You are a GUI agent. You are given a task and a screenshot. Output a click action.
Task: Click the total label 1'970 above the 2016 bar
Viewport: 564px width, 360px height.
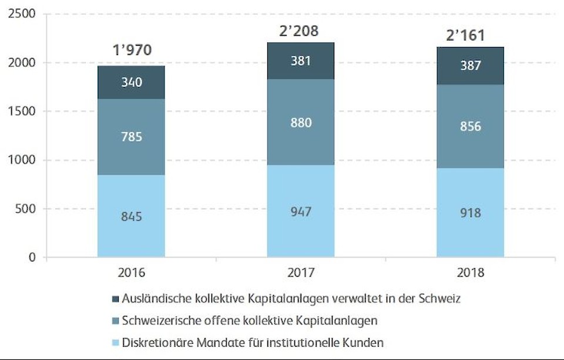132,50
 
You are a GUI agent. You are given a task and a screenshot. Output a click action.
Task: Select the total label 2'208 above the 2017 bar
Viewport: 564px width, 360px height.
299,31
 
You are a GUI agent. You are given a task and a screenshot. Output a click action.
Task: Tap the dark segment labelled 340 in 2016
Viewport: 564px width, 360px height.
132,82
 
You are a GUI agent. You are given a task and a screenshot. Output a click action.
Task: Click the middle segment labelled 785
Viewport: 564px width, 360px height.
132,137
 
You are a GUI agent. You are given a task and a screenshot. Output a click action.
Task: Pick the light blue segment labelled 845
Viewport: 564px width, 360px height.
132,216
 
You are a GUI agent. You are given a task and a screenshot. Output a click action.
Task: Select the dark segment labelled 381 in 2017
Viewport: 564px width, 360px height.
300,60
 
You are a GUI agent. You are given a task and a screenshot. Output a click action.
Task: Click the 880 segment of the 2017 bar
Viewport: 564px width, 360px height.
300,123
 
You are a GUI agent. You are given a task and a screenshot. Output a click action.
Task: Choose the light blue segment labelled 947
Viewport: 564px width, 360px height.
300,211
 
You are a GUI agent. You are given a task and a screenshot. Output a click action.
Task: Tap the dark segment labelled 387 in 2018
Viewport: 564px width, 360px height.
470,66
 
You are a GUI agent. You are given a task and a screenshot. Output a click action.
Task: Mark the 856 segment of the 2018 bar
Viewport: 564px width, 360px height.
470,126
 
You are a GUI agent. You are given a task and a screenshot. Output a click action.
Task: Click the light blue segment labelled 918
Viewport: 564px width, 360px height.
470,213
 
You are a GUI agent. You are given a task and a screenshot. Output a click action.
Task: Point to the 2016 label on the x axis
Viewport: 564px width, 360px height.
132,274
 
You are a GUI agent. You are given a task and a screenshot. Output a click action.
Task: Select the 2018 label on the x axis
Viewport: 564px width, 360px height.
470,274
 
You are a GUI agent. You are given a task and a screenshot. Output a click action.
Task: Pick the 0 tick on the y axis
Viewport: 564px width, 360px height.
31,257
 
